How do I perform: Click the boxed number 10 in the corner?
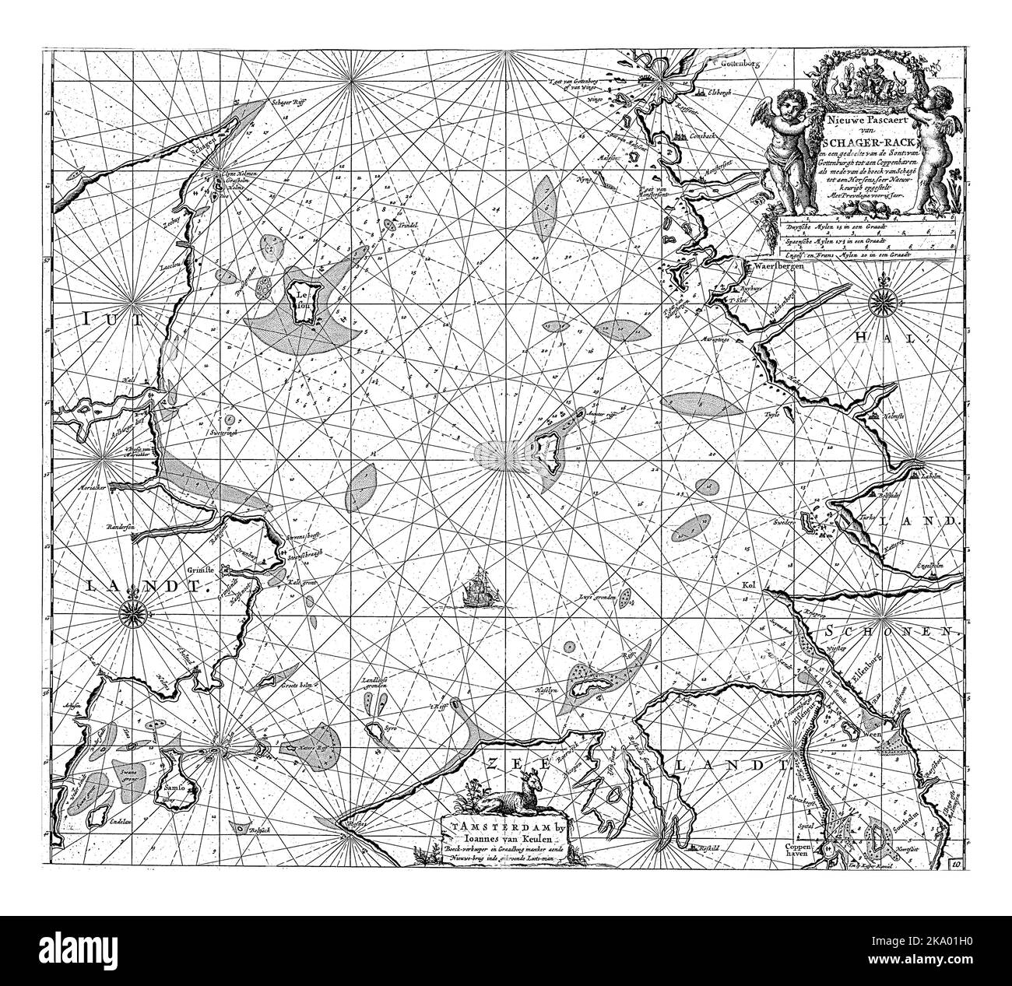click(955, 863)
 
